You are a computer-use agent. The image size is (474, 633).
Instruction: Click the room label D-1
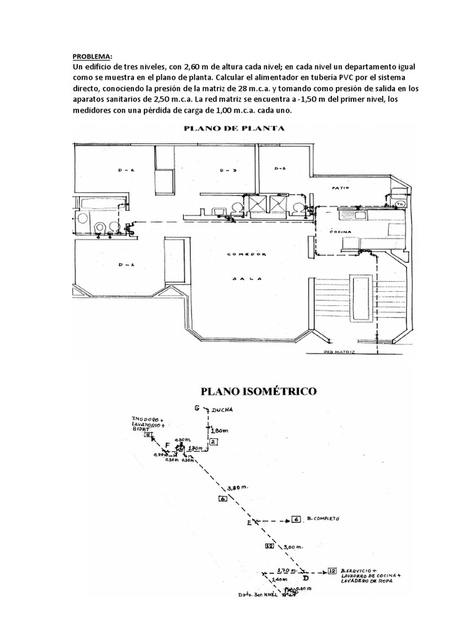coord(126,265)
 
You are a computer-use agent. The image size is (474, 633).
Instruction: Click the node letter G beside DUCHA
coord(196,409)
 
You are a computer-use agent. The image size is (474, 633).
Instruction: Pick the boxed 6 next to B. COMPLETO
coord(296,519)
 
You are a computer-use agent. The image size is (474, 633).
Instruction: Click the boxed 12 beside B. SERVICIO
coord(333,571)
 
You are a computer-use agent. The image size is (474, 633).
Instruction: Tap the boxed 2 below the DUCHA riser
coord(212,441)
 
